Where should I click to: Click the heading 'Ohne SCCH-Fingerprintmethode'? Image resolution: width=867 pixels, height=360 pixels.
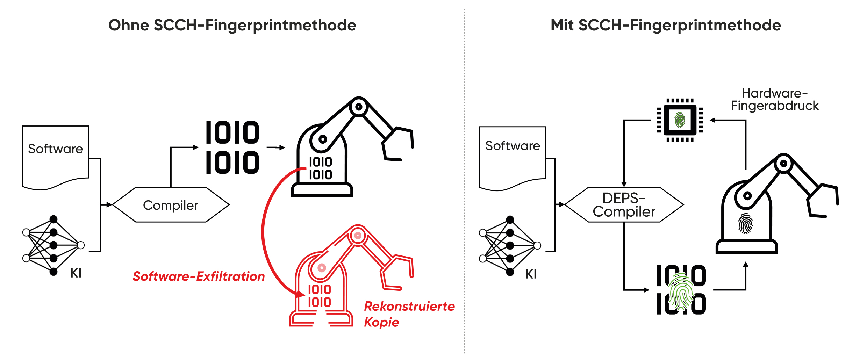click(x=232, y=26)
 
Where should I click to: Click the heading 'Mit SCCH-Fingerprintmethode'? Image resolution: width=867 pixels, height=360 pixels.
click(x=666, y=26)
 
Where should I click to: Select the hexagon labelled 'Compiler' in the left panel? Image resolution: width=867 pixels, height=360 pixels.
click(x=171, y=205)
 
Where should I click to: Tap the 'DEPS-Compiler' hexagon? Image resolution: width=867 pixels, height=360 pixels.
click(x=624, y=205)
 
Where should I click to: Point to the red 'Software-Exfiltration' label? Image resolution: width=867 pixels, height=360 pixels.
click(x=199, y=276)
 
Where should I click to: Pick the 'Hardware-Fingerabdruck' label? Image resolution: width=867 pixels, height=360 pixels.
click(x=775, y=100)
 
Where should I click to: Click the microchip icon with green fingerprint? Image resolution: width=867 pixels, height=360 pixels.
click(x=680, y=120)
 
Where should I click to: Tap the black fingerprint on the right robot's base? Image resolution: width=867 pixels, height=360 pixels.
click(x=745, y=223)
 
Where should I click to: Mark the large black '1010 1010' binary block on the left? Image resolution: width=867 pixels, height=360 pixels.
click(x=232, y=147)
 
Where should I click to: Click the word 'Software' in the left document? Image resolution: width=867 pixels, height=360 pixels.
click(x=56, y=149)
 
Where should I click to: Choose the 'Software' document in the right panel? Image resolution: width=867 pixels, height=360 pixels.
click(x=513, y=157)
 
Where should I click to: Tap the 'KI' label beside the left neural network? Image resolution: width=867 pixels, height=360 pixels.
click(x=76, y=273)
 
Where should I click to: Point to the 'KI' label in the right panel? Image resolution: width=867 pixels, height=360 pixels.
click(x=531, y=274)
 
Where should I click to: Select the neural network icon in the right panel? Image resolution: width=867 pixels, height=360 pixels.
click(x=510, y=246)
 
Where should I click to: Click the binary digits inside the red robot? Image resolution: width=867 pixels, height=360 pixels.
click(x=319, y=296)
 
